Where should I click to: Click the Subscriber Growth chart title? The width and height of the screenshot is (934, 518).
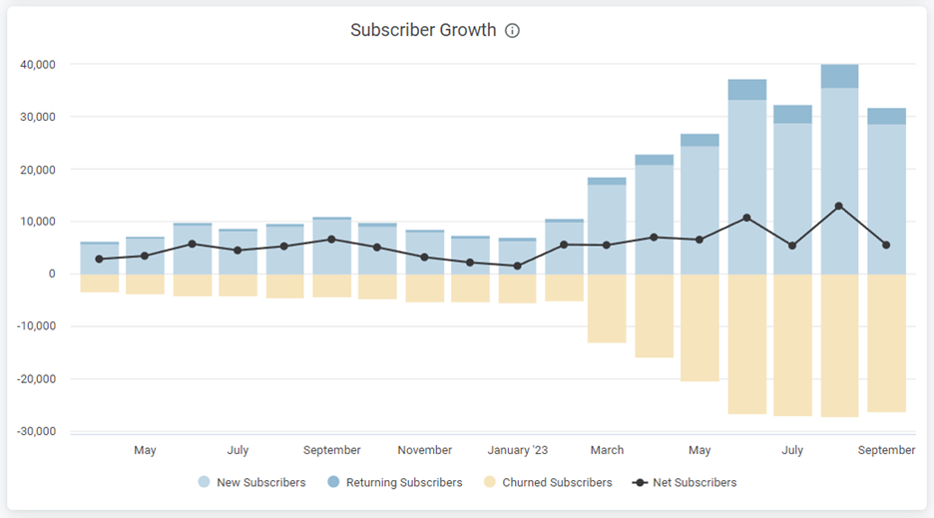pyautogui.click(x=423, y=30)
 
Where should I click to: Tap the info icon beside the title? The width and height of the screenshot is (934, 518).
pyautogui.click(x=513, y=31)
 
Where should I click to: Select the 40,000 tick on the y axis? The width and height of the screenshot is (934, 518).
pyautogui.click(x=38, y=65)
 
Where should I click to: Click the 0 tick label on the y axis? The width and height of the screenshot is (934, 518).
pyautogui.click(x=51, y=273)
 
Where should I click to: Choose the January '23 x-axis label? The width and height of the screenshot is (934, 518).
pyautogui.click(x=517, y=450)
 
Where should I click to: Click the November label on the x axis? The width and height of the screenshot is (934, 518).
pyautogui.click(x=425, y=450)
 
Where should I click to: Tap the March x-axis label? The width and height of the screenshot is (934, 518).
pyautogui.click(x=607, y=450)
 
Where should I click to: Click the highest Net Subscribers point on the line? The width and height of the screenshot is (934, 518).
pyautogui.click(x=839, y=206)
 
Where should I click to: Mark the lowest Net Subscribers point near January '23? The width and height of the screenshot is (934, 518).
pyautogui.click(x=517, y=266)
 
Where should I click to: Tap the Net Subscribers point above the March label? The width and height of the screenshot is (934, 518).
pyautogui.click(x=607, y=245)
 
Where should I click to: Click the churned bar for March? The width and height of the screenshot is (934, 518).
pyautogui.click(x=607, y=308)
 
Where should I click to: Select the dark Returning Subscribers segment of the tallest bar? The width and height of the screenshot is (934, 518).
pyautogui.click(x=839, y=76)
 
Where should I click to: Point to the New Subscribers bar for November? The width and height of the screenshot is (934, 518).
pyautogui.click(x=425, y=254)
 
